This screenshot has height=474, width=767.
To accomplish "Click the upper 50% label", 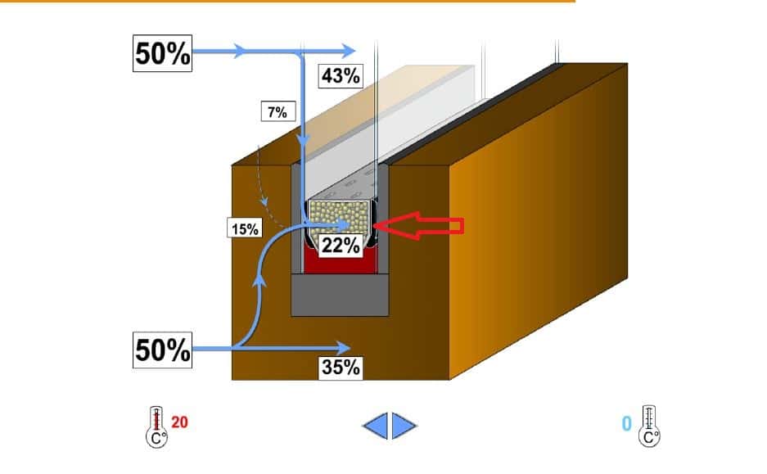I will coord(163,53).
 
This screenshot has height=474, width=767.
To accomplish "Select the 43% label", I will coord(340,76).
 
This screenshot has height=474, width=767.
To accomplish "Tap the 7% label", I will coord(276,112).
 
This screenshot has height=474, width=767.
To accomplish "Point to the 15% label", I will coord(244,229).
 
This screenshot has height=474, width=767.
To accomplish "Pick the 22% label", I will coord(341,245).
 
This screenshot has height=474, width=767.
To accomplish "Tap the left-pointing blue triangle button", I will coord(376,425).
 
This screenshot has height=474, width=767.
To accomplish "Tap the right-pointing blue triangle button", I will coord(404,425).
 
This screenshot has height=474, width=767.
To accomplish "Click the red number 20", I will coord(180,422).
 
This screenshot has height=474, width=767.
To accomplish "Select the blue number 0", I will coord(627,423).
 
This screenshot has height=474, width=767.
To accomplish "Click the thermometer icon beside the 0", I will coord(649,426).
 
